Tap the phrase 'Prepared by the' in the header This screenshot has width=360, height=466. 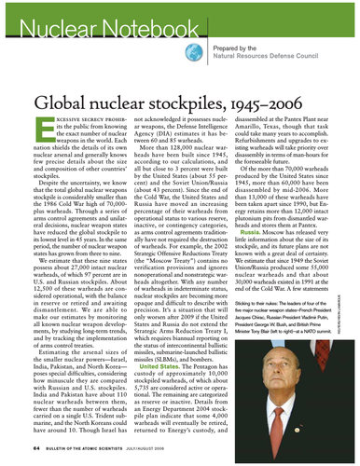pyautogui.click(x=234, y=48)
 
